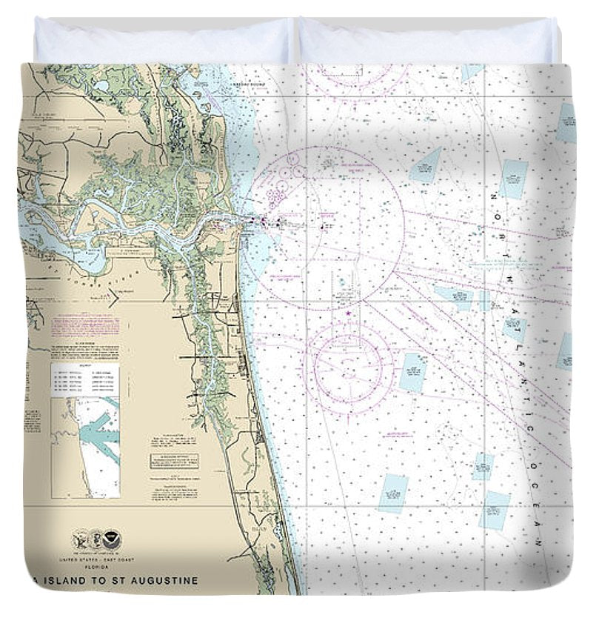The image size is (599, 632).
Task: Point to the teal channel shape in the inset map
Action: coord(99,433)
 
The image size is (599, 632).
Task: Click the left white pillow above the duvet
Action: coord(163,41)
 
